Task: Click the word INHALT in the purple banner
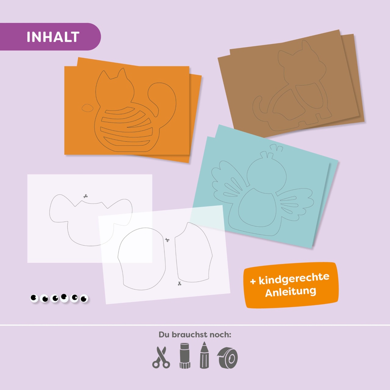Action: (x=53, y=37)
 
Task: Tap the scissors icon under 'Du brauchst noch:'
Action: (x=161, y=357)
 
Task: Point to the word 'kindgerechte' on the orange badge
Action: (x=294, y=278)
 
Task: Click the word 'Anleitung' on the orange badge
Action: (x=291, y=292)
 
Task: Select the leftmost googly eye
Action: (x=34, y=298)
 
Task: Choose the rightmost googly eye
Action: (x=84, y=299)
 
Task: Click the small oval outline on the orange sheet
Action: (x=87, y=108)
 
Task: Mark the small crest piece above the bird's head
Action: (x=276, y=147)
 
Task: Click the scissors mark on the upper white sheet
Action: (x=85, y=196)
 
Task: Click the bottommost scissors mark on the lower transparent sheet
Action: (x=179, y=283)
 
